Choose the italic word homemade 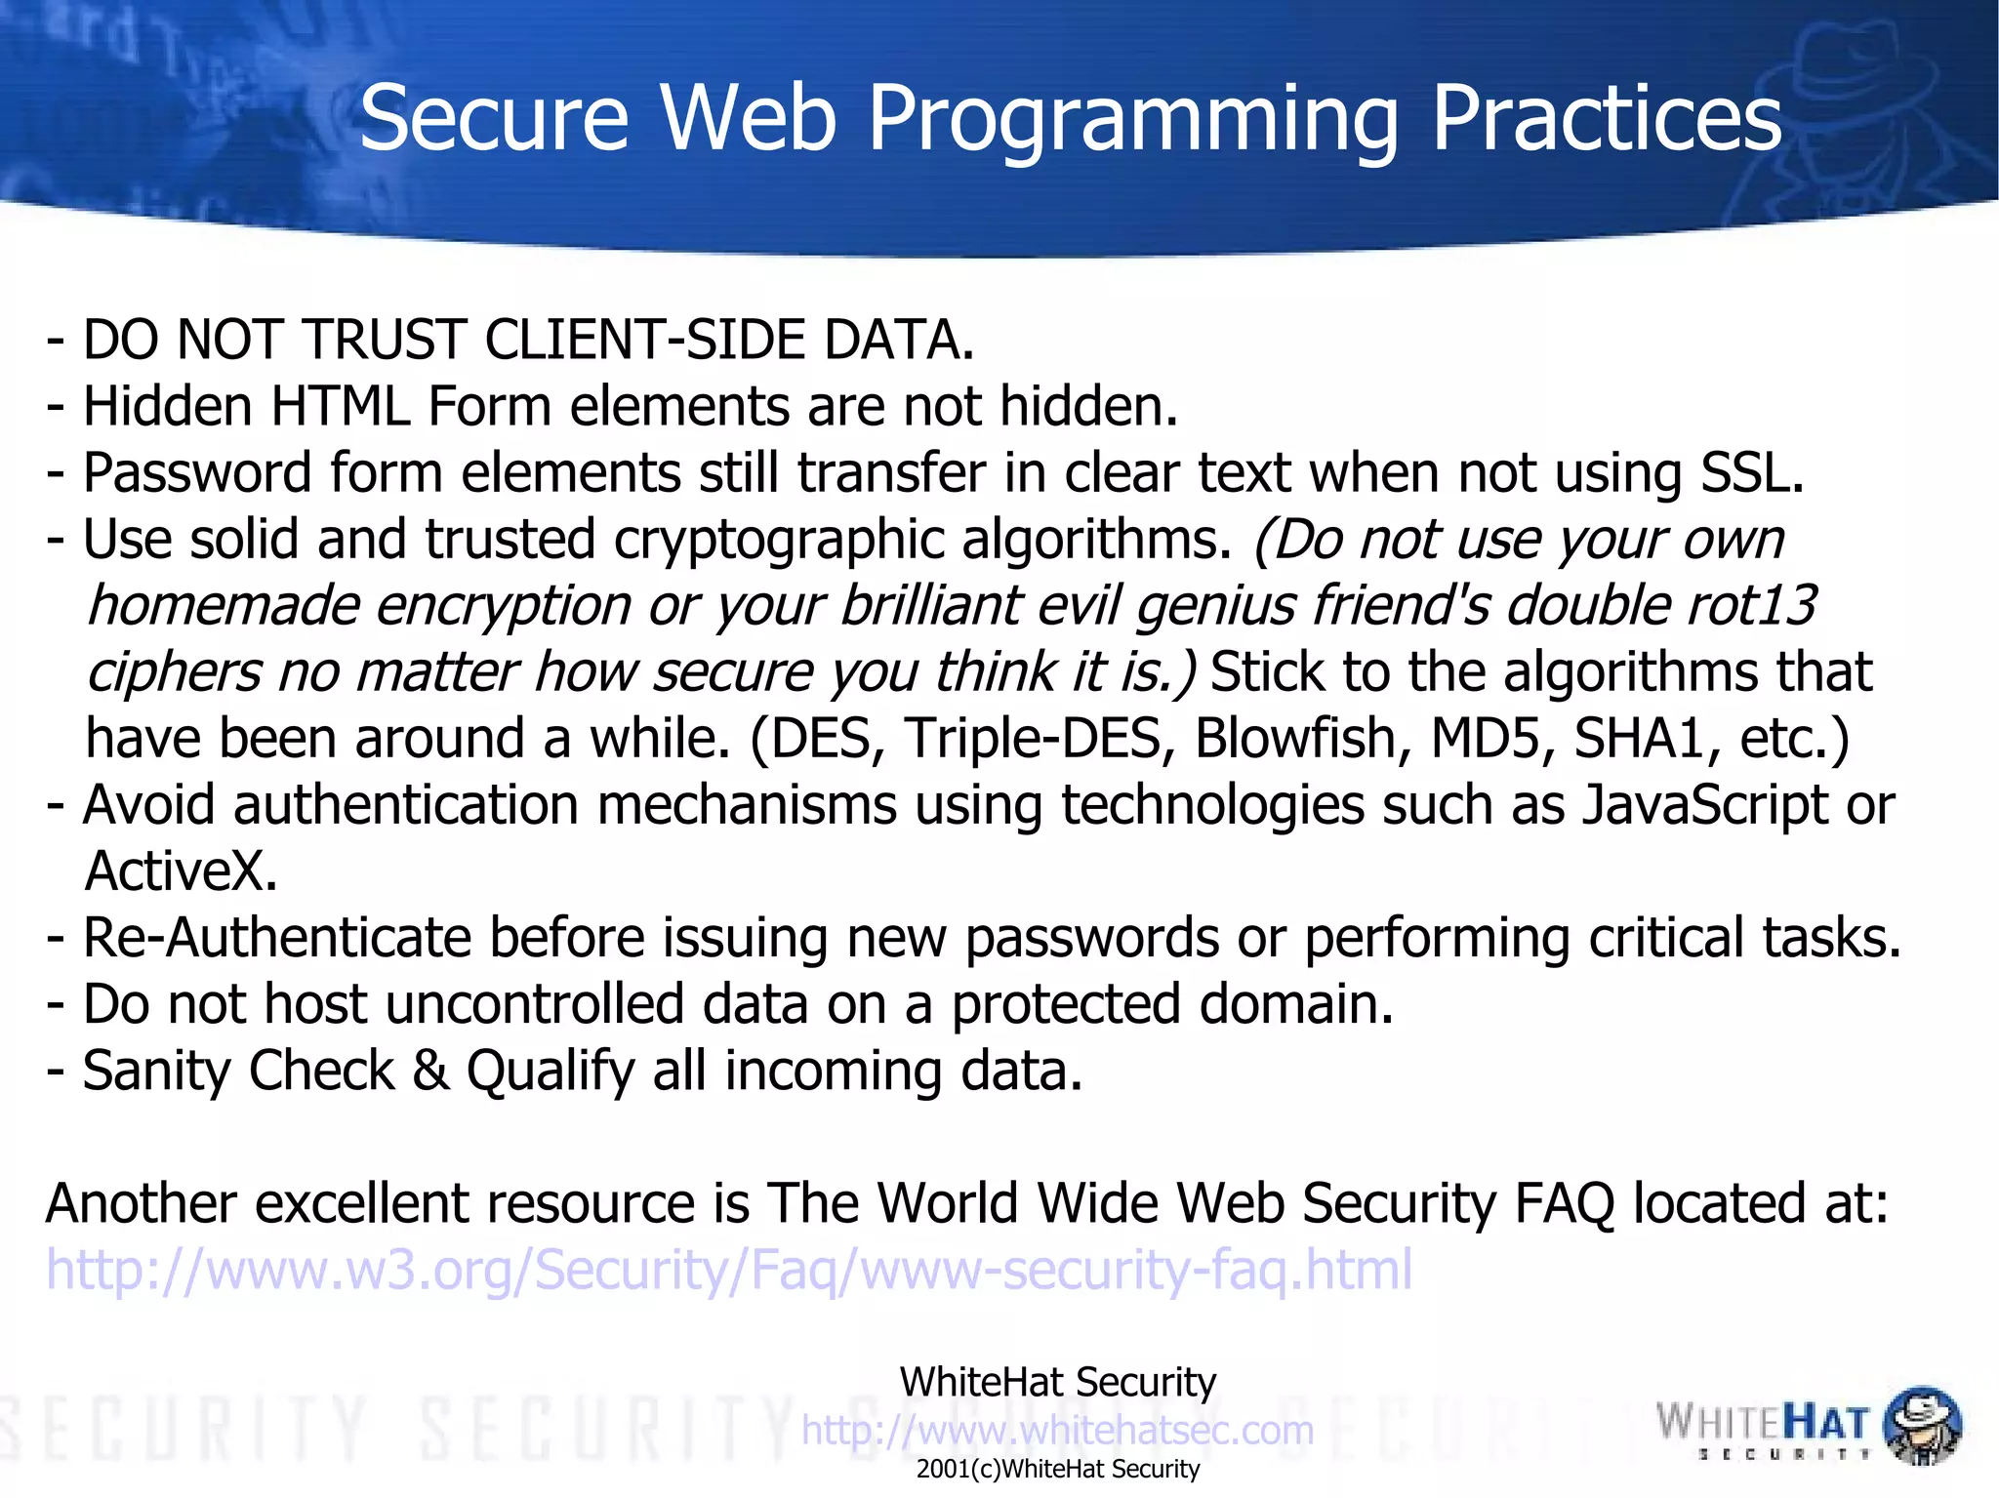224,605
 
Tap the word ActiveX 182,871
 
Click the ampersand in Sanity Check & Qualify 430,1071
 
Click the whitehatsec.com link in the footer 1057,1431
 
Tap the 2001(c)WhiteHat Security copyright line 1057,1470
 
